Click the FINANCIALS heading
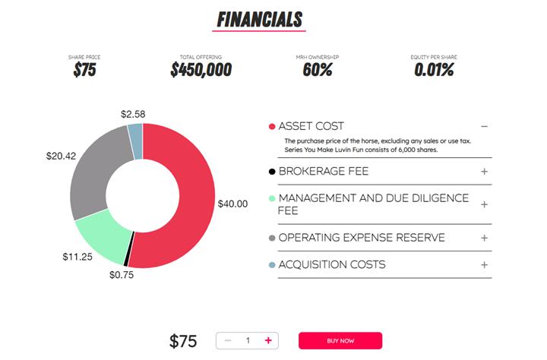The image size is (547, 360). [259, 19]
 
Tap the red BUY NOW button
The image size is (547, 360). [340, 340]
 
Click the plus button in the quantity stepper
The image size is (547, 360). [268, 340]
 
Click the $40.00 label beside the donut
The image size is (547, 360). [232, 204]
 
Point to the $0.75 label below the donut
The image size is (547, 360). [121, 275]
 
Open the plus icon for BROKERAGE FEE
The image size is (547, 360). [484, 172]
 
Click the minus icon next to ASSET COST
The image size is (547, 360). [484, 126]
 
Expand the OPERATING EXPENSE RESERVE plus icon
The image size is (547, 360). [484, 238]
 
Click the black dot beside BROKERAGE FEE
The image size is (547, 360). [272, 172]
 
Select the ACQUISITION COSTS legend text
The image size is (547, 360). [332, 265]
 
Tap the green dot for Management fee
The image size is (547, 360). [272, 199]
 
